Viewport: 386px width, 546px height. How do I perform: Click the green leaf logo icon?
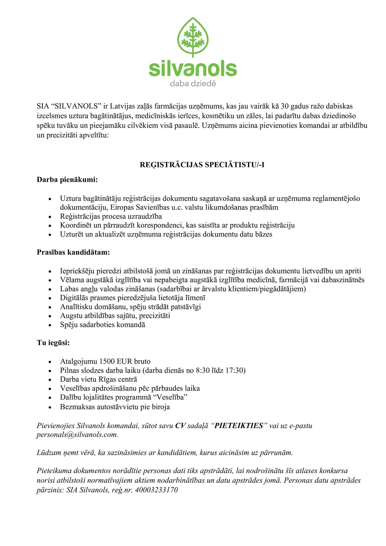[193, 37]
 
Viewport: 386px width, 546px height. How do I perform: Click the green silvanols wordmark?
[193, 69]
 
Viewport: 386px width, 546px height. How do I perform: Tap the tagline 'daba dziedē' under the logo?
[193, 84]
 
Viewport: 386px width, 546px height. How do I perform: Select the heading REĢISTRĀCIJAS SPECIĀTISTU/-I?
[202, 165]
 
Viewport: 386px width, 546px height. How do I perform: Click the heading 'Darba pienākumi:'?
[67, 179]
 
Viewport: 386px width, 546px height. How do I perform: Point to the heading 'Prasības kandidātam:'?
[73, 253]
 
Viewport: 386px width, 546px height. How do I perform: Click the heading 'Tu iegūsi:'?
[53, 343]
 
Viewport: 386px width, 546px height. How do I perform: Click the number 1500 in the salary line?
[107, 361]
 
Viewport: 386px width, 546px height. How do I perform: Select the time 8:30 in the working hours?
[203, 370]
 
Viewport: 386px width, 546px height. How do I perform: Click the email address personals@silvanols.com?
[77, 435]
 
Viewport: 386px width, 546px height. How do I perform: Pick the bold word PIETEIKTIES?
[239, 426]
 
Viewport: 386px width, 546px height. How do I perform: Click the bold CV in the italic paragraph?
[180, 426]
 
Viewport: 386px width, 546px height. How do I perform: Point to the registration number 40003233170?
[157, 490]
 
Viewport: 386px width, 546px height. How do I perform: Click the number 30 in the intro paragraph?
[285, 106]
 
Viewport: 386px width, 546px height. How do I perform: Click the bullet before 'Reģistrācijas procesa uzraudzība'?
[50, 217]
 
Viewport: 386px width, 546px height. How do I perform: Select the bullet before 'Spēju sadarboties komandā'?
[50, 325]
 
